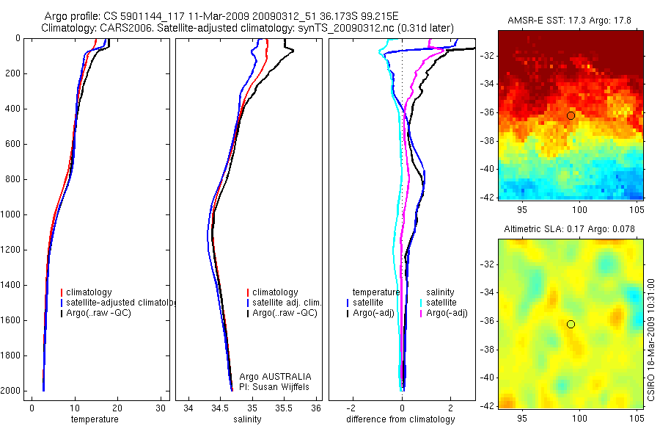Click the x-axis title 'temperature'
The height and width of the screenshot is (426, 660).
tap(94, 419)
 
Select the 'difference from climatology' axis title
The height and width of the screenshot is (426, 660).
tap(400, 419)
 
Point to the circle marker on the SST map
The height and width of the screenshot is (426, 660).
tap(571, 115)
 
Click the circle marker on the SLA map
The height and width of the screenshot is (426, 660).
tap(571, 324)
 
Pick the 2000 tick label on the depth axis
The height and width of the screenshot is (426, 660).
tap(12, 391)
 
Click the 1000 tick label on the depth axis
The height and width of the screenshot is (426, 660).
tap(12, 214)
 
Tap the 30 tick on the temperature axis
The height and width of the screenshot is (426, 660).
tap(161, 408)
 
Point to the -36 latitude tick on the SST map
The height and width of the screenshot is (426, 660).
tap(488, 112)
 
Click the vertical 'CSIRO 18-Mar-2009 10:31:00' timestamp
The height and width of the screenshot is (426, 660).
tap(652, 339)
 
